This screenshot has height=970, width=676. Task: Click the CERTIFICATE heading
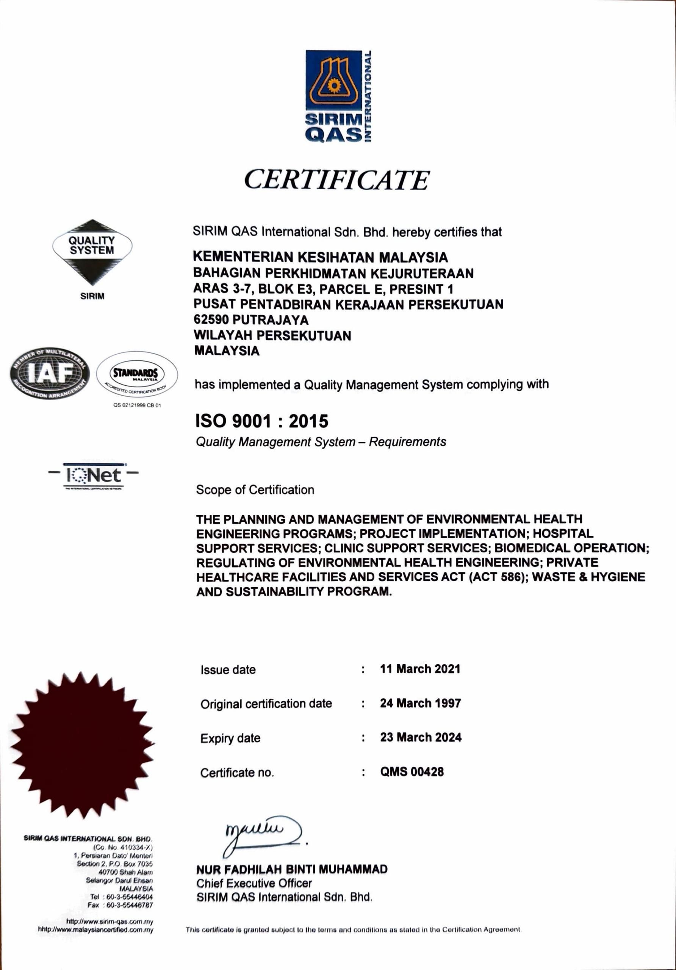tap(336, 180)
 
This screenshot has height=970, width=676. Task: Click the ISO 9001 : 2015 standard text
tap(261, 421)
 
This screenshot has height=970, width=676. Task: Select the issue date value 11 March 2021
tap(420, 669)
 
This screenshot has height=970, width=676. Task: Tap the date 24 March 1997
tap(420, 703)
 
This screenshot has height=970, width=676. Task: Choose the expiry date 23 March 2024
tap(420, 737)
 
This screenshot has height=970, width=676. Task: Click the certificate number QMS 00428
tap(412, 771)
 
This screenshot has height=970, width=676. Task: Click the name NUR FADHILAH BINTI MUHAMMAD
tap(292, 869)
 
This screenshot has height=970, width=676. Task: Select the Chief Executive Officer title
tap(254, 883)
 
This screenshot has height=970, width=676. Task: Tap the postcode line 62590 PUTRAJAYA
tap(251, 320)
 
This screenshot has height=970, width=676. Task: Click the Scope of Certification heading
tap(255, 490)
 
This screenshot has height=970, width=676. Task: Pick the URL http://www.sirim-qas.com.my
tap(110, 921)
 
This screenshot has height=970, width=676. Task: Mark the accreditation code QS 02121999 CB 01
tap(137, 405)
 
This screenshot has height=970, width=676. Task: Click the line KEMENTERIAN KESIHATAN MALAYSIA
tap(320, 257)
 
